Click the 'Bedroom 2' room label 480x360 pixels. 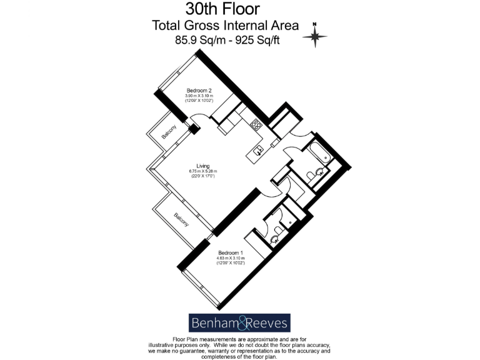[x=199, y=89]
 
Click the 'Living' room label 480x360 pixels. [x=202, y=166]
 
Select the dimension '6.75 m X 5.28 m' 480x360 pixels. [x=202, y=171]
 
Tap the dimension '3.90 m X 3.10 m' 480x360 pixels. [x=199, y=95]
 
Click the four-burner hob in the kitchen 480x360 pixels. [x=256, y=124]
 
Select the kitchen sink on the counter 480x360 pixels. [x=257, y=150]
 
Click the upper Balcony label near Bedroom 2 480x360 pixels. [x=167, y=132]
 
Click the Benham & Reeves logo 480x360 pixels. [x=239, y=322]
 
